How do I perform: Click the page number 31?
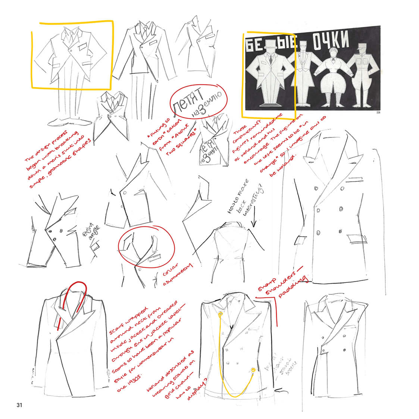click(19, 405)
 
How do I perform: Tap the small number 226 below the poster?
click(377, 112)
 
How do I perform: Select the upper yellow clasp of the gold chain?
click(221, 315)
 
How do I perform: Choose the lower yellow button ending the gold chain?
click(254, 370)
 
